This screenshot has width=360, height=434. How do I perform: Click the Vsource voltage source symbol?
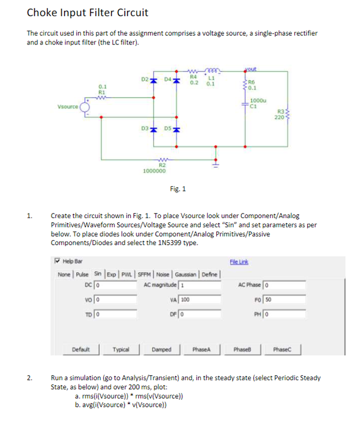pyautogui.click(x=85, y=107)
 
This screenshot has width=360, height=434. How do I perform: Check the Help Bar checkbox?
pyautogui.click(x=58, y=261)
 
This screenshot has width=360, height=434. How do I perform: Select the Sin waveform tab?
pyautogui.click(x=98, y=274)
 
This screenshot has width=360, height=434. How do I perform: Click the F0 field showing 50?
pyautogui.click(x=284, y=300)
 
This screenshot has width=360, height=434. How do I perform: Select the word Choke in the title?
pyautogui.click(x=41, y=13)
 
